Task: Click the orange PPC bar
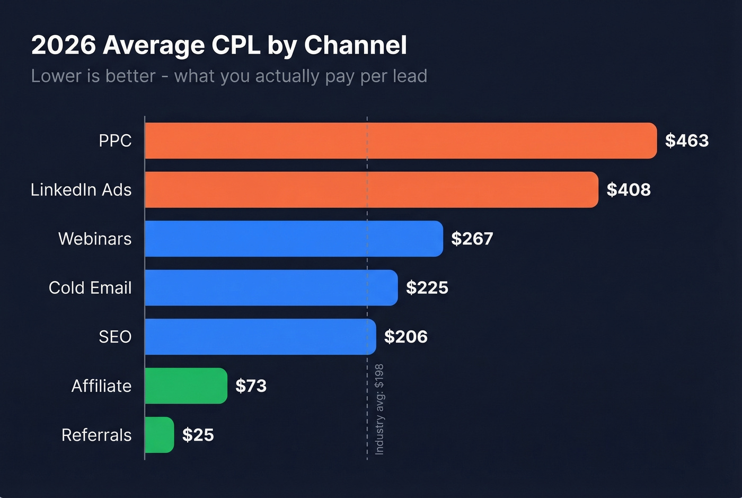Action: [x=400, y=141]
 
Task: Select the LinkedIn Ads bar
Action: [x=371, y=189]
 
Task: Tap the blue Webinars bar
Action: [x=294, y=239]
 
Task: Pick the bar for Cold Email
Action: [x=271, y=287]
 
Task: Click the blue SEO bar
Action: [x=260, y=337]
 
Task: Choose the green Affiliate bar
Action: [x=186, y=386]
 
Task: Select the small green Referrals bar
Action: [x=159, y=435]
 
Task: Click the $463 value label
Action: [x=687, y=141]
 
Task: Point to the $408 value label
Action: [x=629, y=189]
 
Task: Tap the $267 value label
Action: [x=472, y=239]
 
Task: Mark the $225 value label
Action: [x=427, y=287]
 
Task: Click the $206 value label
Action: [x=406, y=337]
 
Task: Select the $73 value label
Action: [x=251, y=386]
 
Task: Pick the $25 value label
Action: [x=198, y=435]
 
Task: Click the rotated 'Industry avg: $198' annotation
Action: [x=379, y=409]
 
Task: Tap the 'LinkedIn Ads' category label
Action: [x=81, y=189]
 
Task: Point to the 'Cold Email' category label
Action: [x=90, y=287]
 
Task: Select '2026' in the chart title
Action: [x=64, y=45]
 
